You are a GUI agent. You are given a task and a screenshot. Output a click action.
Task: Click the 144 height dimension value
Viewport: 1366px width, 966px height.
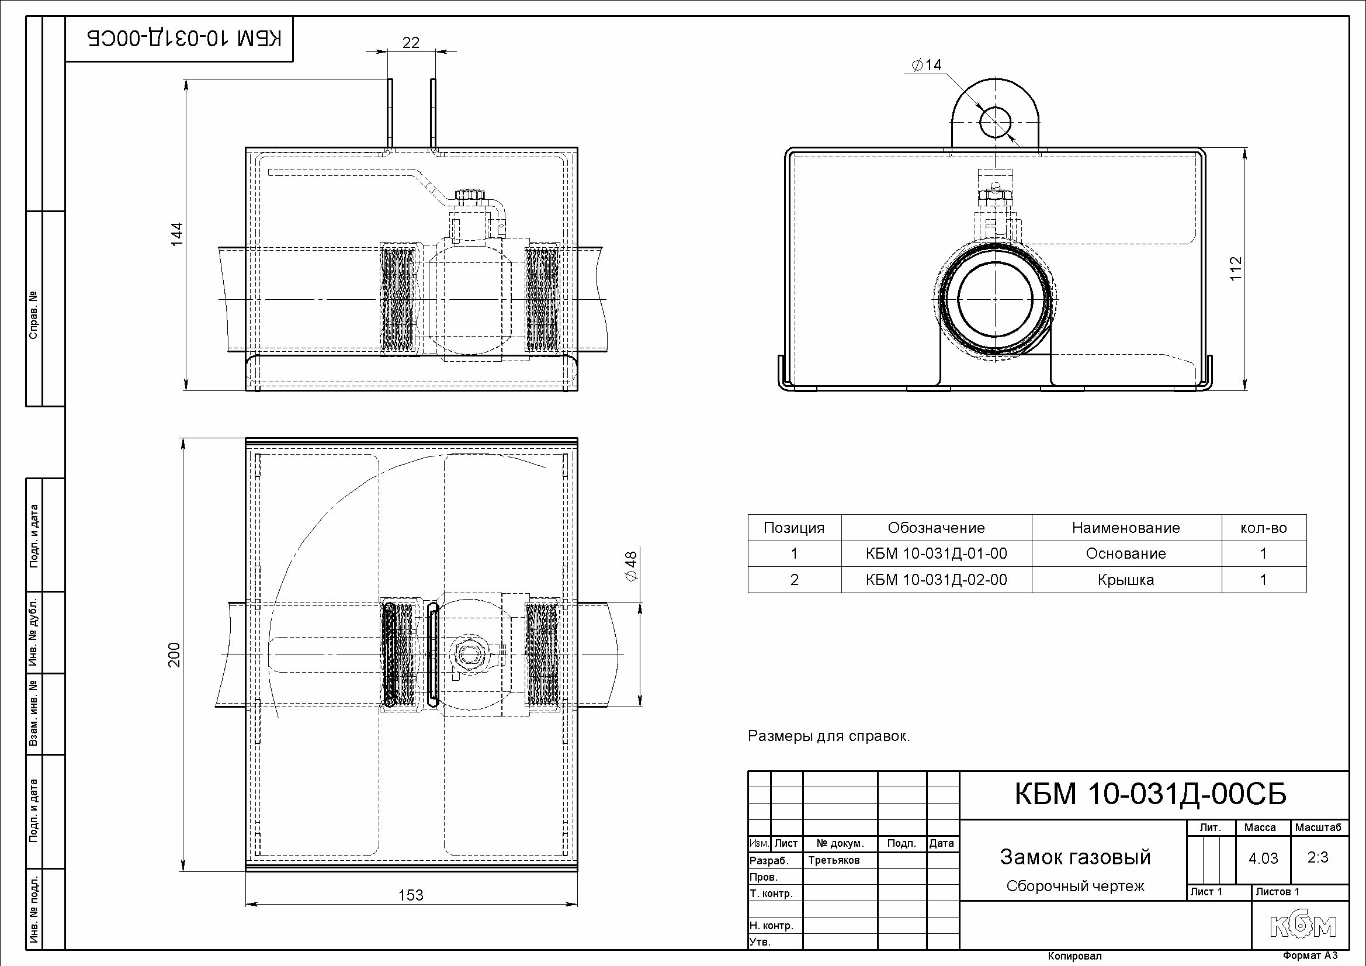tap(176, 234)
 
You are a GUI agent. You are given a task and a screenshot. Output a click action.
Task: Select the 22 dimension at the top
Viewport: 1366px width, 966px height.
tap(411, 42)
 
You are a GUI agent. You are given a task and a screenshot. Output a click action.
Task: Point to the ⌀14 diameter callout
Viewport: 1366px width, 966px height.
tap(927, 65)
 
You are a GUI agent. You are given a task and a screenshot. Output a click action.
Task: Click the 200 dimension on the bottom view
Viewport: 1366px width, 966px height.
tap(174, 655)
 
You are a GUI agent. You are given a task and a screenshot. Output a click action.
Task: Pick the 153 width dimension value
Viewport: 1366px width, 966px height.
tap(411, 895)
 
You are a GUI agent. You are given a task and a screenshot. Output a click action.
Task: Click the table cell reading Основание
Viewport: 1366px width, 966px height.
tap(1126, 553)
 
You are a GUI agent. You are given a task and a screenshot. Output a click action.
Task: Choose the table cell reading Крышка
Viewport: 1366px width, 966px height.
tap(1126, 580)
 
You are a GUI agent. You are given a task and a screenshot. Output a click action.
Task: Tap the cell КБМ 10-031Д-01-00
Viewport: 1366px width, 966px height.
tap(937, 553)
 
